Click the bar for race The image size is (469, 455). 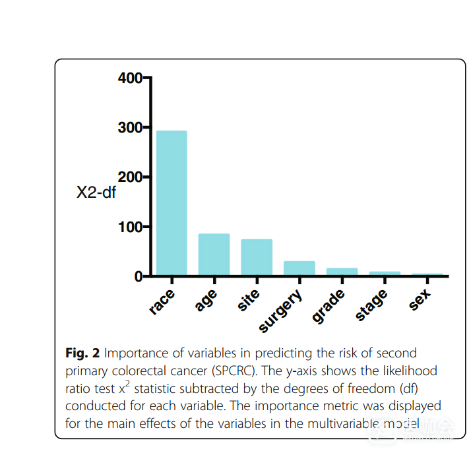(172, 203)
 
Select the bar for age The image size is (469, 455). (214, 255)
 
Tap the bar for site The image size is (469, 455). (257, 257)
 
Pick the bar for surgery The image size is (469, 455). (299, 268)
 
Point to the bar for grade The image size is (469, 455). (342, 272)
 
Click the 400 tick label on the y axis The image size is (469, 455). (129, 78)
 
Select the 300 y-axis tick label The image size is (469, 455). (129, 128)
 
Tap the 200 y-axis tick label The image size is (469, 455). (129, 177)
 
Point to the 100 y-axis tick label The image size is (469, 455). (129, 227)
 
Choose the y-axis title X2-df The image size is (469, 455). (96, 194)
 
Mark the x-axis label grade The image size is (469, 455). (328, 306)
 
